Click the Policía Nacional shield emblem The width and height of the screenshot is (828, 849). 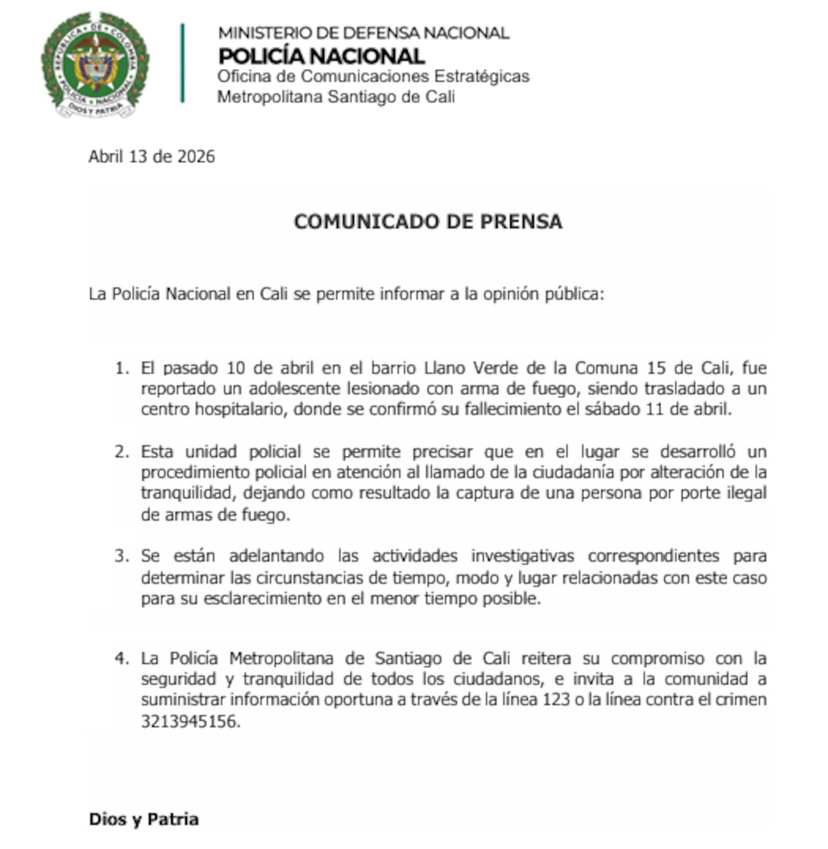pyautogui.click(x=95, y=64)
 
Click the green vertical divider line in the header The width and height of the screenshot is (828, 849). pyautogui.click(x=182, y=63)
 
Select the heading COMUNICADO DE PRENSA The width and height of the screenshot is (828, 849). pyautogui.click(x=428, y=221)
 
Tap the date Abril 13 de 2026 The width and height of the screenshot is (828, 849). pyautogui.click(x=151, y=157)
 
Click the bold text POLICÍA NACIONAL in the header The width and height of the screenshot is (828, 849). pyautogui.click(x=321, y=56)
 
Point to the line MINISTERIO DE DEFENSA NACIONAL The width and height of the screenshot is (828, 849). pyautogui.click(x=363, y=32)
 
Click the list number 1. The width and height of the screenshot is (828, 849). pyautogui.click(x=121, y=368)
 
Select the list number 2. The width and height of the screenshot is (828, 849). pyautogui.click(x=121, y=451)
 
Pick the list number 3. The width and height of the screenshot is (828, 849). pyautogui.click(x=121, y=556)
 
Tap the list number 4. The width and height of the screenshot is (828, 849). pyautogui.click(x=121, y=659)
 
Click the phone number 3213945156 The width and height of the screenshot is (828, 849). pyautogui.click(x=190, y=721)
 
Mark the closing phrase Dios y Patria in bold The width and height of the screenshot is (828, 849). pyautogui.click(x=144, y=819)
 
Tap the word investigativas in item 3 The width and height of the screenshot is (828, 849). pyautogui.click(x=522, y=556)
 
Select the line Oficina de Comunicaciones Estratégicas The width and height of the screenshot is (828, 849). pyautogui.click(x=373, y=76)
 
